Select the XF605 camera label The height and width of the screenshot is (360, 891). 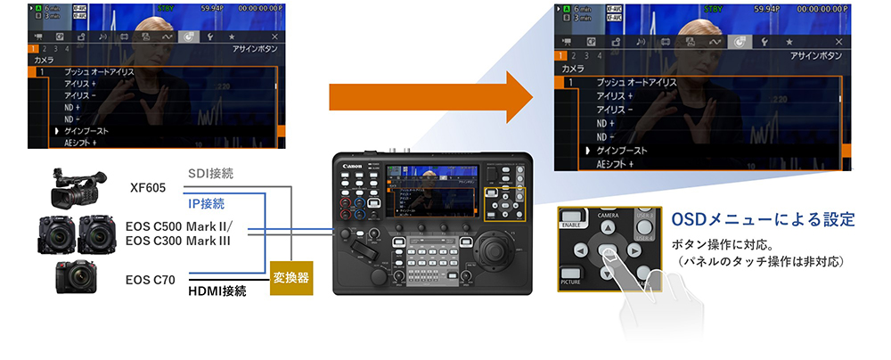pyautogui.click(x=149, y=189)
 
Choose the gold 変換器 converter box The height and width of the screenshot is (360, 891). pyautogui.click(x=292, y=276)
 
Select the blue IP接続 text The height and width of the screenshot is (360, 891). pyautogui.click(x=207, y=203)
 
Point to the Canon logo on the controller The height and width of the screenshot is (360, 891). pyautogui.click(x=351, y=162)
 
